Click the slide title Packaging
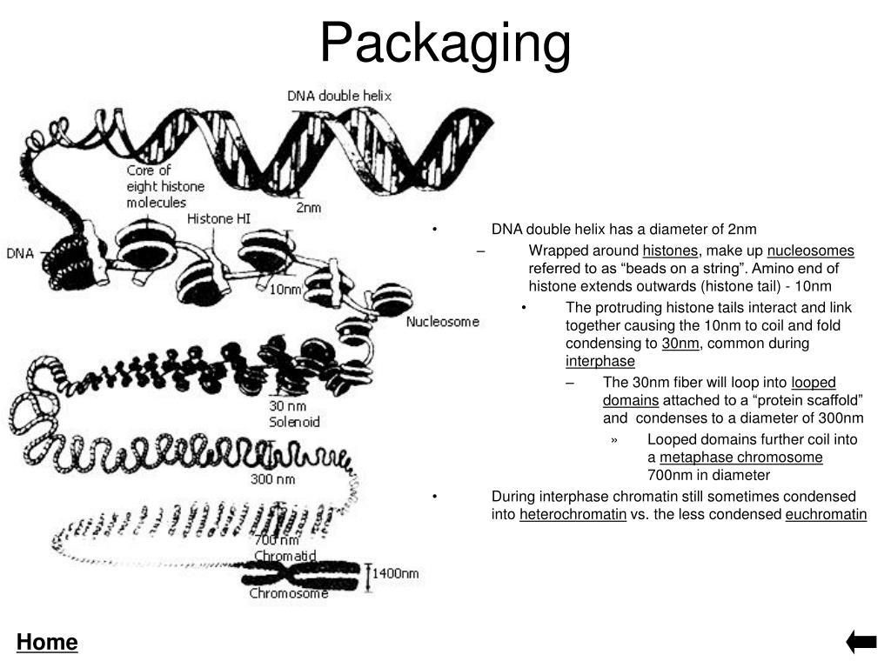tap(445, 43)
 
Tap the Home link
tap(47, 643)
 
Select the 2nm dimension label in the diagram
tap(308, 208)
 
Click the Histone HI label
tap(218, 219)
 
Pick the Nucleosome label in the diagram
tap(443, 322)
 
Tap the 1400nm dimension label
tap(396, 574)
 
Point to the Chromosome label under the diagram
tap(289, 594)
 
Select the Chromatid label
tap(285, 555)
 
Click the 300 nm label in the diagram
tap(272, 479)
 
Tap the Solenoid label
tap(294, 422)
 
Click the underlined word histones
tap(670, 251)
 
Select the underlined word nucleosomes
tap(811, 251)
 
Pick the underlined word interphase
tap(600, 361)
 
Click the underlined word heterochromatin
tap(573, 514)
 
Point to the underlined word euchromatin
tap(826, 514)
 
